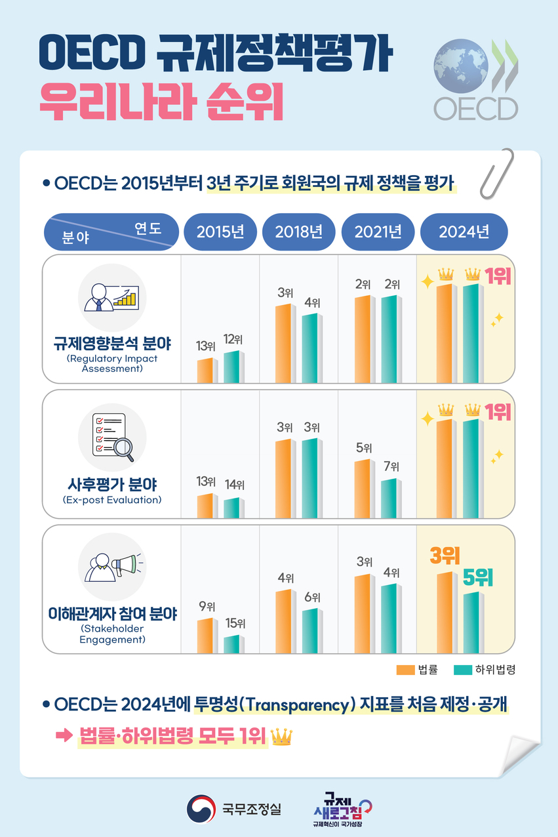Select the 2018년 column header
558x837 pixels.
coord(298,232)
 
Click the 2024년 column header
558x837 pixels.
coord(464,232)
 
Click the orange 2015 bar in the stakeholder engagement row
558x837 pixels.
coord(205,636)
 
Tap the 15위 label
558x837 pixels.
coord(235,623)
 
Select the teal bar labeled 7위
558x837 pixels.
coord(389,499)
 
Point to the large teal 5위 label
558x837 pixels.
coord(477,578)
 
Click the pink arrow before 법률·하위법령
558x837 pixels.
coord(64,737)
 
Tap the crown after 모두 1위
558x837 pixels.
coord(281,737)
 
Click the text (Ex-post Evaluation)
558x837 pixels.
coord(112,500)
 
